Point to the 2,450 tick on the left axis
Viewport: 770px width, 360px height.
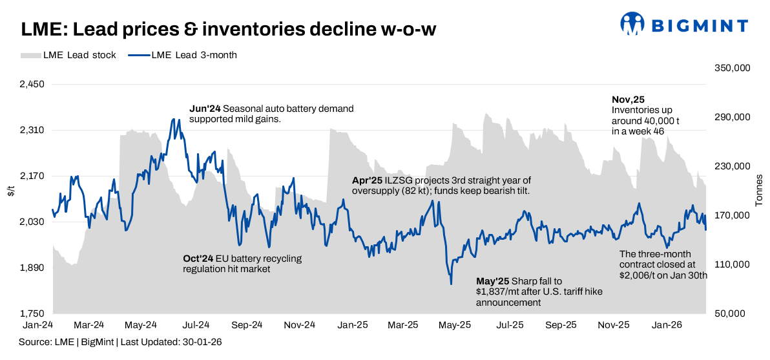coord(30,85)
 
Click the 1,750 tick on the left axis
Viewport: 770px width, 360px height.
coord(30,313)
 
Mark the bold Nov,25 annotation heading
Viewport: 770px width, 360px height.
coord(628,100)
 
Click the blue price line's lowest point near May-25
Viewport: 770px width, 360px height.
coord(451,284)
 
